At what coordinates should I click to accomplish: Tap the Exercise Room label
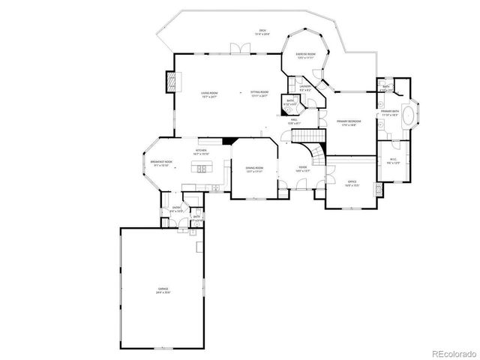[304, 56]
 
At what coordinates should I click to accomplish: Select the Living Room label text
[209, 94]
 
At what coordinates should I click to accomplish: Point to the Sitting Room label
[259, 94]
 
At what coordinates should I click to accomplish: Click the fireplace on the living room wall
[172, 80]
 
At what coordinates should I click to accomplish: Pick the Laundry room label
[304, 88]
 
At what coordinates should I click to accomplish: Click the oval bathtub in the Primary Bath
[409, 117]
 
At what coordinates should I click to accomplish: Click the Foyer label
[303, 169]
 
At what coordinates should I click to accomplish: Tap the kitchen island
[202, 170]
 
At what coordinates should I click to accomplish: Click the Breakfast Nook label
[161, 164]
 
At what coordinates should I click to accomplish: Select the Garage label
[163, 289]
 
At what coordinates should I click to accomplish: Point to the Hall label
[294, 121]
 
